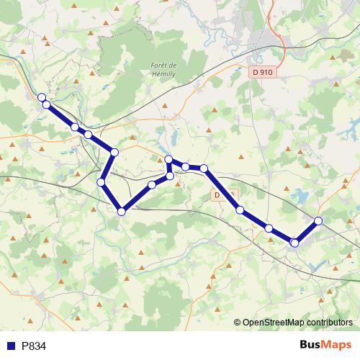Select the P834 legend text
34,346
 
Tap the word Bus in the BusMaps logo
312,346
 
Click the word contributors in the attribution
328,323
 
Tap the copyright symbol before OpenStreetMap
238,323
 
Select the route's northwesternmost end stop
42,97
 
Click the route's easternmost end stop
318,220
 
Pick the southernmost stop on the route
294,243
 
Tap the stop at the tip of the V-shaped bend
122,211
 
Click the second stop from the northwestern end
47,105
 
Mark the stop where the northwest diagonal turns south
114,153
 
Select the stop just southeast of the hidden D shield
240,210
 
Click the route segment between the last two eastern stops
307,231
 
